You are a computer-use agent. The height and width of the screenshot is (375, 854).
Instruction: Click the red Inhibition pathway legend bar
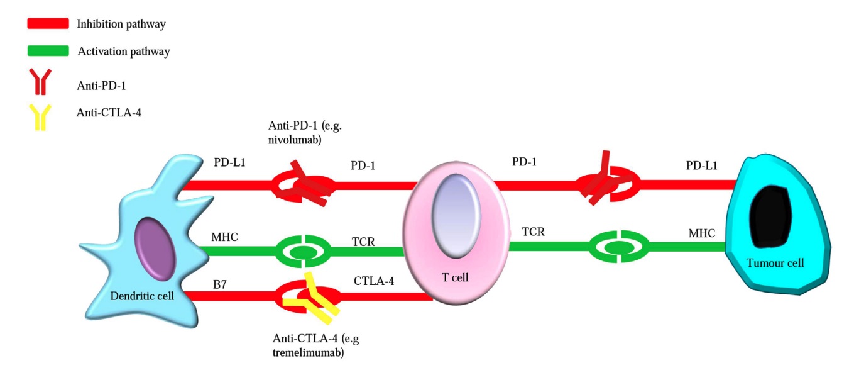(x=48, y=24)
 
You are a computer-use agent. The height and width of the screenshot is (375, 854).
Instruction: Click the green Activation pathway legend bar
(x=48, y=51)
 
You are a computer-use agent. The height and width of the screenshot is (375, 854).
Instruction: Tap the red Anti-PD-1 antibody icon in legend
(x=40, y=82)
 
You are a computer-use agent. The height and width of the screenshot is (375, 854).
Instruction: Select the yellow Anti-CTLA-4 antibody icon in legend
(x=40, y=116)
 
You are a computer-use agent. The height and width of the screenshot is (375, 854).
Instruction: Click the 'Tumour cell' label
(x=775, y=263)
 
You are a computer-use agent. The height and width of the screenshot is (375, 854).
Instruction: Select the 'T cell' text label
(x=456, y=277)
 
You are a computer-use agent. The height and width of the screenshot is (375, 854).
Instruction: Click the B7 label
(x=221, y=284)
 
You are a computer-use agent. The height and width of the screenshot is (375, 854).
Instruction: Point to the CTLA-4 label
(x=375, y=281)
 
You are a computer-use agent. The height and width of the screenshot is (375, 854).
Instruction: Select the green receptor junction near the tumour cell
(x=617, y=247)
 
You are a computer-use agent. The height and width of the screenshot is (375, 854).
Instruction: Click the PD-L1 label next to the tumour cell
(x=701, y=165)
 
